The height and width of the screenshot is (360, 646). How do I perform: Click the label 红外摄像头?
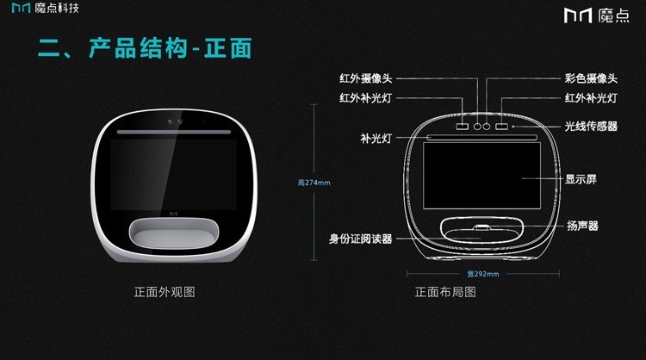tap(365, 78)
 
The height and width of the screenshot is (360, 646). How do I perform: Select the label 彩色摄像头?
tap(591, 78)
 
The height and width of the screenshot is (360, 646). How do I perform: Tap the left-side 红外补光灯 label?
tap(365, 98)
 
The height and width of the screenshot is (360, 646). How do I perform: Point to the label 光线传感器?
tap(591, 126)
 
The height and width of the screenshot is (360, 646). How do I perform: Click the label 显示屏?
tap(581, 179)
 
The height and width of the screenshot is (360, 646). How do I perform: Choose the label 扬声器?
tap(582, 226)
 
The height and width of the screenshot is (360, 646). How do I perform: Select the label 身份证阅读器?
tap(361, 239)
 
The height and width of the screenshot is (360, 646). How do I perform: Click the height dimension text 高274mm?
tap(314, 183)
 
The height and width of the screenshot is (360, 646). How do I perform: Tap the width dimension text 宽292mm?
tap(483, 274)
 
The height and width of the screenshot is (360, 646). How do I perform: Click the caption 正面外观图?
tap(165, 292)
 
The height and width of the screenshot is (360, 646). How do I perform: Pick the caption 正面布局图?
tap(445, 292)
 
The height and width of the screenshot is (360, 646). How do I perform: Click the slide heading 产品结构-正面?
tap(171, 48)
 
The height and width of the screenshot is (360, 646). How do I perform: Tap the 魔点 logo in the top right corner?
tap(597, 16)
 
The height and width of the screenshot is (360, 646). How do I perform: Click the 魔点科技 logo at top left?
tap(46, 8)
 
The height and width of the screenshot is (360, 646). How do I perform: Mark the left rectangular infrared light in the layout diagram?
tap(463, 126)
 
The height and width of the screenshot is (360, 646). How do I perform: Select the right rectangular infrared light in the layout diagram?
tap(501, 126)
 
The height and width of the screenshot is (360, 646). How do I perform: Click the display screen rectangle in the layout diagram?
tap(481, 176)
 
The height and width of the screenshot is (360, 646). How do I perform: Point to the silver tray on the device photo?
tap(173, 233)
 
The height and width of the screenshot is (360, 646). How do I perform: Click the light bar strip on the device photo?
tap(174, 133)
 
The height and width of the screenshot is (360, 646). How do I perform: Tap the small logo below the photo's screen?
tap(173, 214)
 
